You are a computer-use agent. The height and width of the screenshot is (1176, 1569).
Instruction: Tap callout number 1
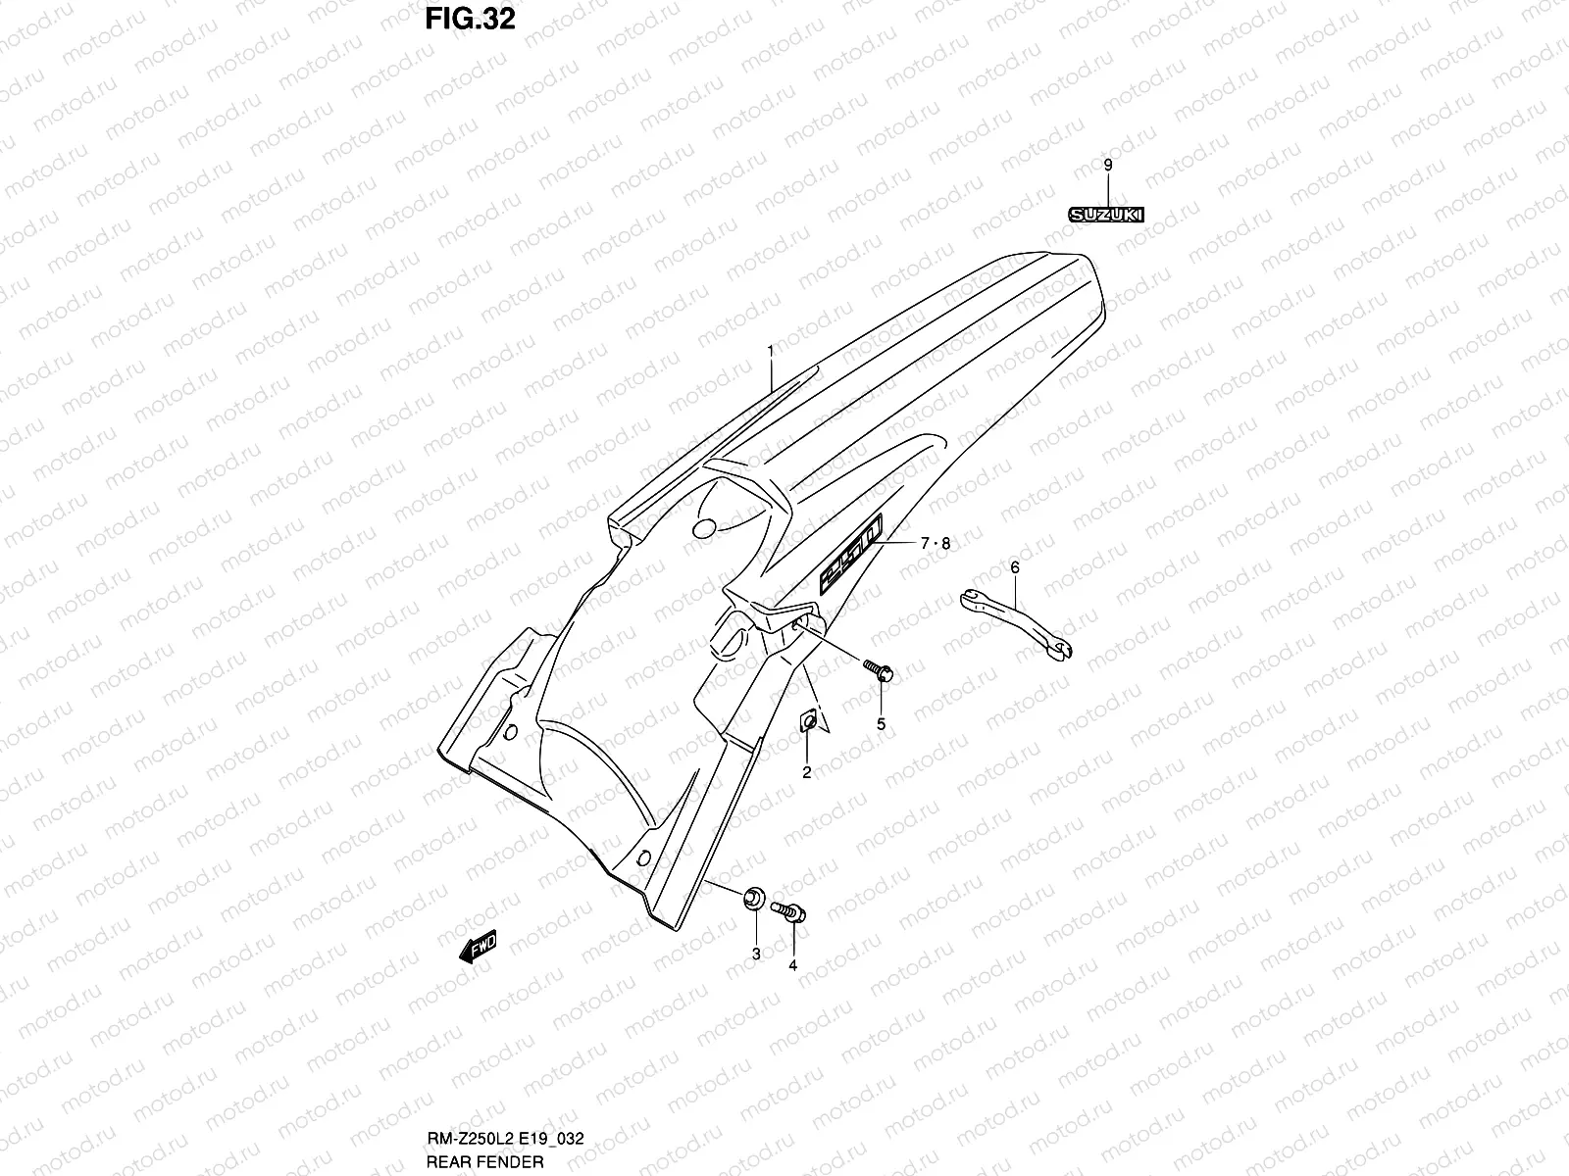[x=771, y=350]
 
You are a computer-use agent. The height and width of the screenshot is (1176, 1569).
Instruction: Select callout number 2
[x=807, y=772]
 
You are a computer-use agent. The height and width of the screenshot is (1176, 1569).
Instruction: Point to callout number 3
[x=756, y=953]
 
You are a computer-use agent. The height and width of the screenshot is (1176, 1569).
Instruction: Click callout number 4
[x=792, y=965]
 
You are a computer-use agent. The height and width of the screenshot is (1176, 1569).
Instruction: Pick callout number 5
[x=881, y=724]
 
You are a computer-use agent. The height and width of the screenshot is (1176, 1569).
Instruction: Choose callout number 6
[x=1014, y=566]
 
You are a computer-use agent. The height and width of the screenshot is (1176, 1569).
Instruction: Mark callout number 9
[x=1107, y=166]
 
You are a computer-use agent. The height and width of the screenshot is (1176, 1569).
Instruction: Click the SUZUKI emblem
[x=1106, y=215]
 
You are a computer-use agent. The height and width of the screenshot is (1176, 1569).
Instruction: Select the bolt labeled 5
[x=878, y=671]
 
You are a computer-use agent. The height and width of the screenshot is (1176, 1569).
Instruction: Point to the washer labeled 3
[x=754, y=896]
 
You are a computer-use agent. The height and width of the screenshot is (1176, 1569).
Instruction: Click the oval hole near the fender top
[x=704, y=529]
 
